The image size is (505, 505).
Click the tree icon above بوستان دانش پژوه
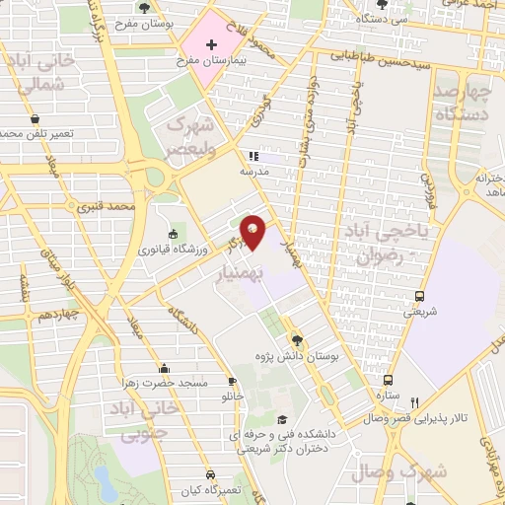[x=297, y=337]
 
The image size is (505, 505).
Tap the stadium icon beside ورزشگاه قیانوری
[x=174, y=234]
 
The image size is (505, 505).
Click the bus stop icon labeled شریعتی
[x=419, y=296]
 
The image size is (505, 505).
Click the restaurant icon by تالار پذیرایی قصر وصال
[x=415, y=402]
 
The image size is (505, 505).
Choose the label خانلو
[x=233, y=397]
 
